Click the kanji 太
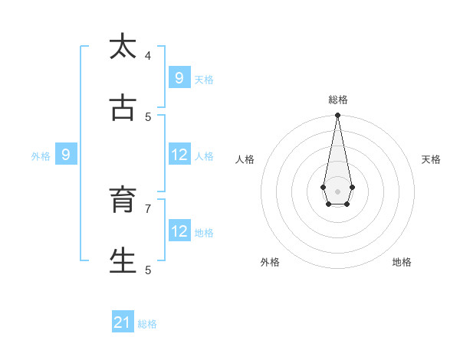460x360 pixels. (x=123, y=47)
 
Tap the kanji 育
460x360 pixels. (x=123, y=200)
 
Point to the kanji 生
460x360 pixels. (x=123, y=261)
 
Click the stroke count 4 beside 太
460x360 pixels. (x=148, y=55)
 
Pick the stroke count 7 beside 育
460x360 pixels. (x=148, y=208)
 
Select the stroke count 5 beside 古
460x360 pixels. (x=148, y=116)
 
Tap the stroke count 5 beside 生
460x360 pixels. (x=148, y=270)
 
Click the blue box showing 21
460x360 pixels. (x=123, y=322)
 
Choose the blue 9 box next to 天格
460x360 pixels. (x=179, y=78)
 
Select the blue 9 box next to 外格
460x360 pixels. (x=66, y=155)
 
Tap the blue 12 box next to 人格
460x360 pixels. (x=179, y=155)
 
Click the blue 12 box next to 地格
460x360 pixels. (x=179, y=231)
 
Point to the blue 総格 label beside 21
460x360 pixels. (x=147, y=324)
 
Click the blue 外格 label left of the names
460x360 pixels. (x=41, y=156)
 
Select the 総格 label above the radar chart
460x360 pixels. (x=337, y=100)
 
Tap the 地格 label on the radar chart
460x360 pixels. (x=402, y=262)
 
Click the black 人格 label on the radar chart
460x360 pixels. (x=245, y=159)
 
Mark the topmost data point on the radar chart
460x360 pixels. (x=337, y=115)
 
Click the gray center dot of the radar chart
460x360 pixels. (x=337, y=191)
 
